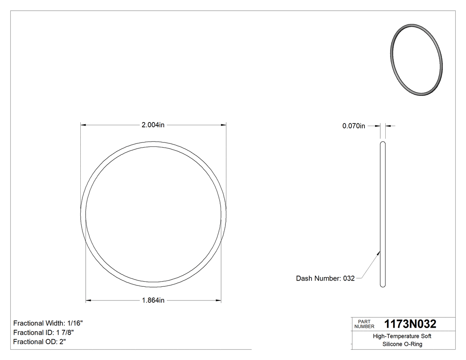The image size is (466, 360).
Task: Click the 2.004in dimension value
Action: pos(153,125)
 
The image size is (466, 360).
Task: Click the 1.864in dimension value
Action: pos(153,301)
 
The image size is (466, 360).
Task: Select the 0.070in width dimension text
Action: pos(354,126)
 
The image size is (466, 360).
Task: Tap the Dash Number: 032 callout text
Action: pos(325,279)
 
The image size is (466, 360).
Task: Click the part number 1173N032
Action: pos(410,324)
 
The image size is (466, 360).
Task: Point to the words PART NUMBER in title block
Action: pos(364,324)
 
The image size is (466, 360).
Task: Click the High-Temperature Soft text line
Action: pos(402,336)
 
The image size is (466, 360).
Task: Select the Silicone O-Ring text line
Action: pos(402,344)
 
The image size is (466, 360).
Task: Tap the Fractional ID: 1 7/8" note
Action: pos(43,332)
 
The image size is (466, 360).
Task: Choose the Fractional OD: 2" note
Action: pos(40,342)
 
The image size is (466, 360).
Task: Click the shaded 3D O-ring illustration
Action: pos(416,59)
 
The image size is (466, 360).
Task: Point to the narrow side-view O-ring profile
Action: pos(383,213)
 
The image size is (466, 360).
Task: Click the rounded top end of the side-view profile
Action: pos(383,143)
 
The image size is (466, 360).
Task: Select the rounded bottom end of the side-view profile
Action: pos(383,285)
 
